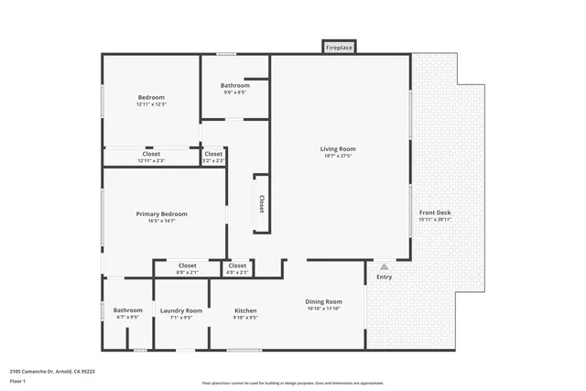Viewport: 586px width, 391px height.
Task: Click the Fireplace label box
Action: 339,48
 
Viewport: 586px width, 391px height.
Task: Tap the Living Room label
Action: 337,149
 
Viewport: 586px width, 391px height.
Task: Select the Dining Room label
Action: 323,301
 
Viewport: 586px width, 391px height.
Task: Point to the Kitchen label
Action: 245,310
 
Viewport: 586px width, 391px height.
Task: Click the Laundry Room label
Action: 181,310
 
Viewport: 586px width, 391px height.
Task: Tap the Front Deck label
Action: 435,212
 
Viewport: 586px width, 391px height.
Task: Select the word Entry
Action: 385,277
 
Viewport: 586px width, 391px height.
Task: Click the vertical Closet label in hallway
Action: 261,202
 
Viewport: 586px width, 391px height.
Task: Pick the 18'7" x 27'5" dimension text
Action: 337,156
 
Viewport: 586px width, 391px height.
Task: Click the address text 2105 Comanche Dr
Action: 52,372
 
